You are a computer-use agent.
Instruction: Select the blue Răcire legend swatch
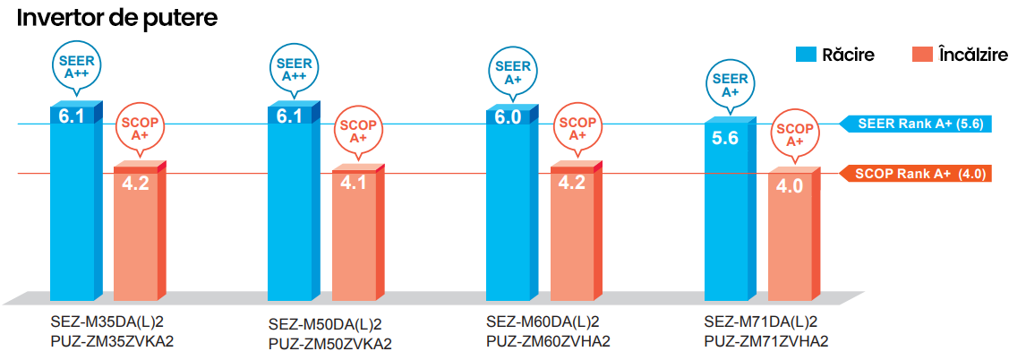pos(807,55)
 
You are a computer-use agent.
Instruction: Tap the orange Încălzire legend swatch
pos(921,55)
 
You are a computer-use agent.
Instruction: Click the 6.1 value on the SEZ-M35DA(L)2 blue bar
pos(72,116)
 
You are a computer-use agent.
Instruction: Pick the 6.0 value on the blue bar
pos(508,116)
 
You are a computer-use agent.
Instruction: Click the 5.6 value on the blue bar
pos(725,138)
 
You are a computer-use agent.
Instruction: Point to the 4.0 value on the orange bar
pos(790,186)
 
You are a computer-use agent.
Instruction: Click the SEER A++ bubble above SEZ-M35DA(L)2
pos(76,67)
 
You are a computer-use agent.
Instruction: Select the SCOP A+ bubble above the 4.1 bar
pos(358,131)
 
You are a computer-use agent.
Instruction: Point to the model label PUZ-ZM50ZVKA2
pos(330,343)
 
